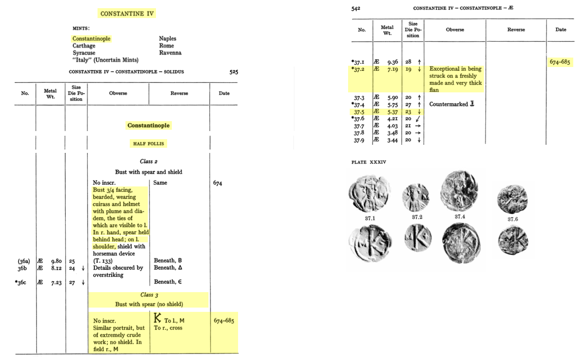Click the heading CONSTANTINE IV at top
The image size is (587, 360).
(127, 14)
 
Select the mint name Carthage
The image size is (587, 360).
(84, 46)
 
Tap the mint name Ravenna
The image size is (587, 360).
(170, 53)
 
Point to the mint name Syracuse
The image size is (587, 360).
(84, 53)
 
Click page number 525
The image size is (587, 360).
(233, 72)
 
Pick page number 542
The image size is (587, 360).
(355, 8)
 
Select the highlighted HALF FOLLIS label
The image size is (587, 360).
(148, 144)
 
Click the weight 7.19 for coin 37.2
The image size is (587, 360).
(391, 69)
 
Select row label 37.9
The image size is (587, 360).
(359, 140)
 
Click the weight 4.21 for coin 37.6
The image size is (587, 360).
(391, 119)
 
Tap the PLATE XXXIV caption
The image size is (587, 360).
(366, 162)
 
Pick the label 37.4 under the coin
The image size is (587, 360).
(460, 217)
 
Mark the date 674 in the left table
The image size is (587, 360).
(218, 183)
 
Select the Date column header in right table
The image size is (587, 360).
(561, 30)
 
